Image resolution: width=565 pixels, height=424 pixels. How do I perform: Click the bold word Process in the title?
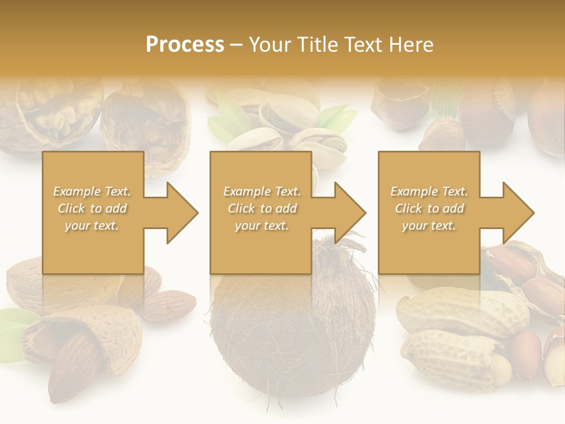coord(185,44)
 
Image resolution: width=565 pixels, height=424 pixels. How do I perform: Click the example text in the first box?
coord(92,208)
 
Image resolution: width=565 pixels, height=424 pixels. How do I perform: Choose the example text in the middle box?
coord(262,208)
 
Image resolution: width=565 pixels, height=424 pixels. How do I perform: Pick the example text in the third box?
coord(429,208)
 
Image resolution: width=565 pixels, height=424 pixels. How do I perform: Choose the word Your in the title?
coord(268,44)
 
